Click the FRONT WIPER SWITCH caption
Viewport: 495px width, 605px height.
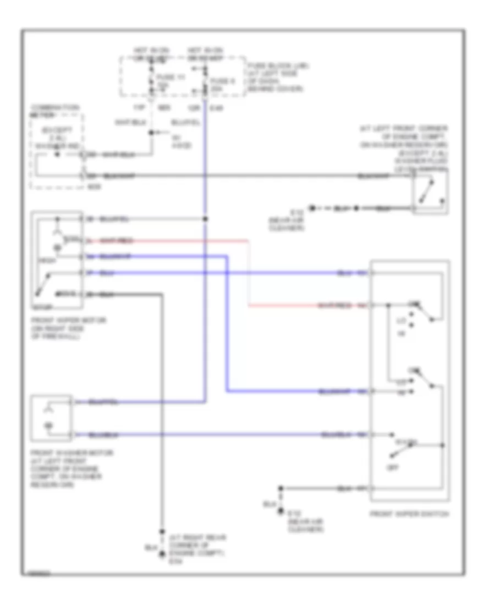click(410, 514)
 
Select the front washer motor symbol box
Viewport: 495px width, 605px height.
click(52, 417)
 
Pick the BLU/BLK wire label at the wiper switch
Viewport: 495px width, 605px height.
click(335, 435)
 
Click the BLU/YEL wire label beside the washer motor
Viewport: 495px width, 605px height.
click(105, 402)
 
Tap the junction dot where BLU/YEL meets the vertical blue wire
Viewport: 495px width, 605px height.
click(206, 219)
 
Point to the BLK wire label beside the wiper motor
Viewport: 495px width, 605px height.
click(107, 295)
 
